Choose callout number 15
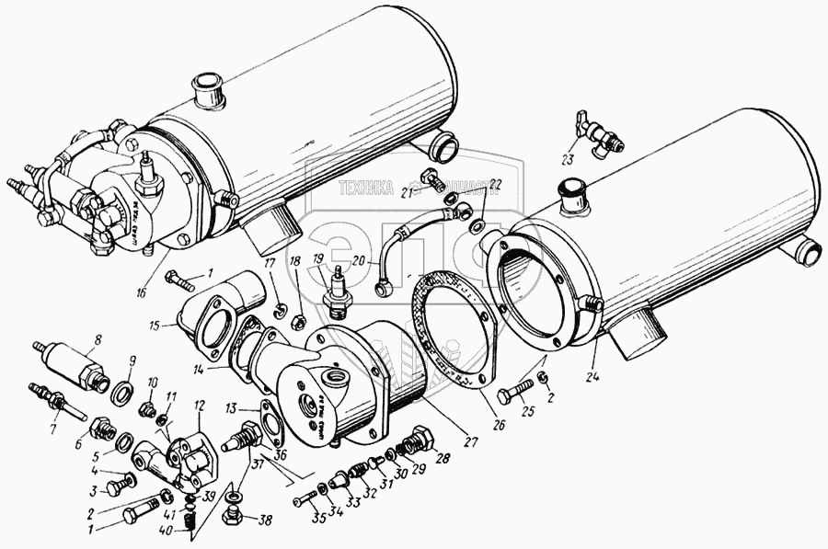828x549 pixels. (x=155, y=326)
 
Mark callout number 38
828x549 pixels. (x=267, y=521)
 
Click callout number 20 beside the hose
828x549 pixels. (x=359, y=261)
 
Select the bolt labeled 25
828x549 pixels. (x=512, y=395)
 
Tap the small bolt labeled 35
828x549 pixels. (x=305, y=501)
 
